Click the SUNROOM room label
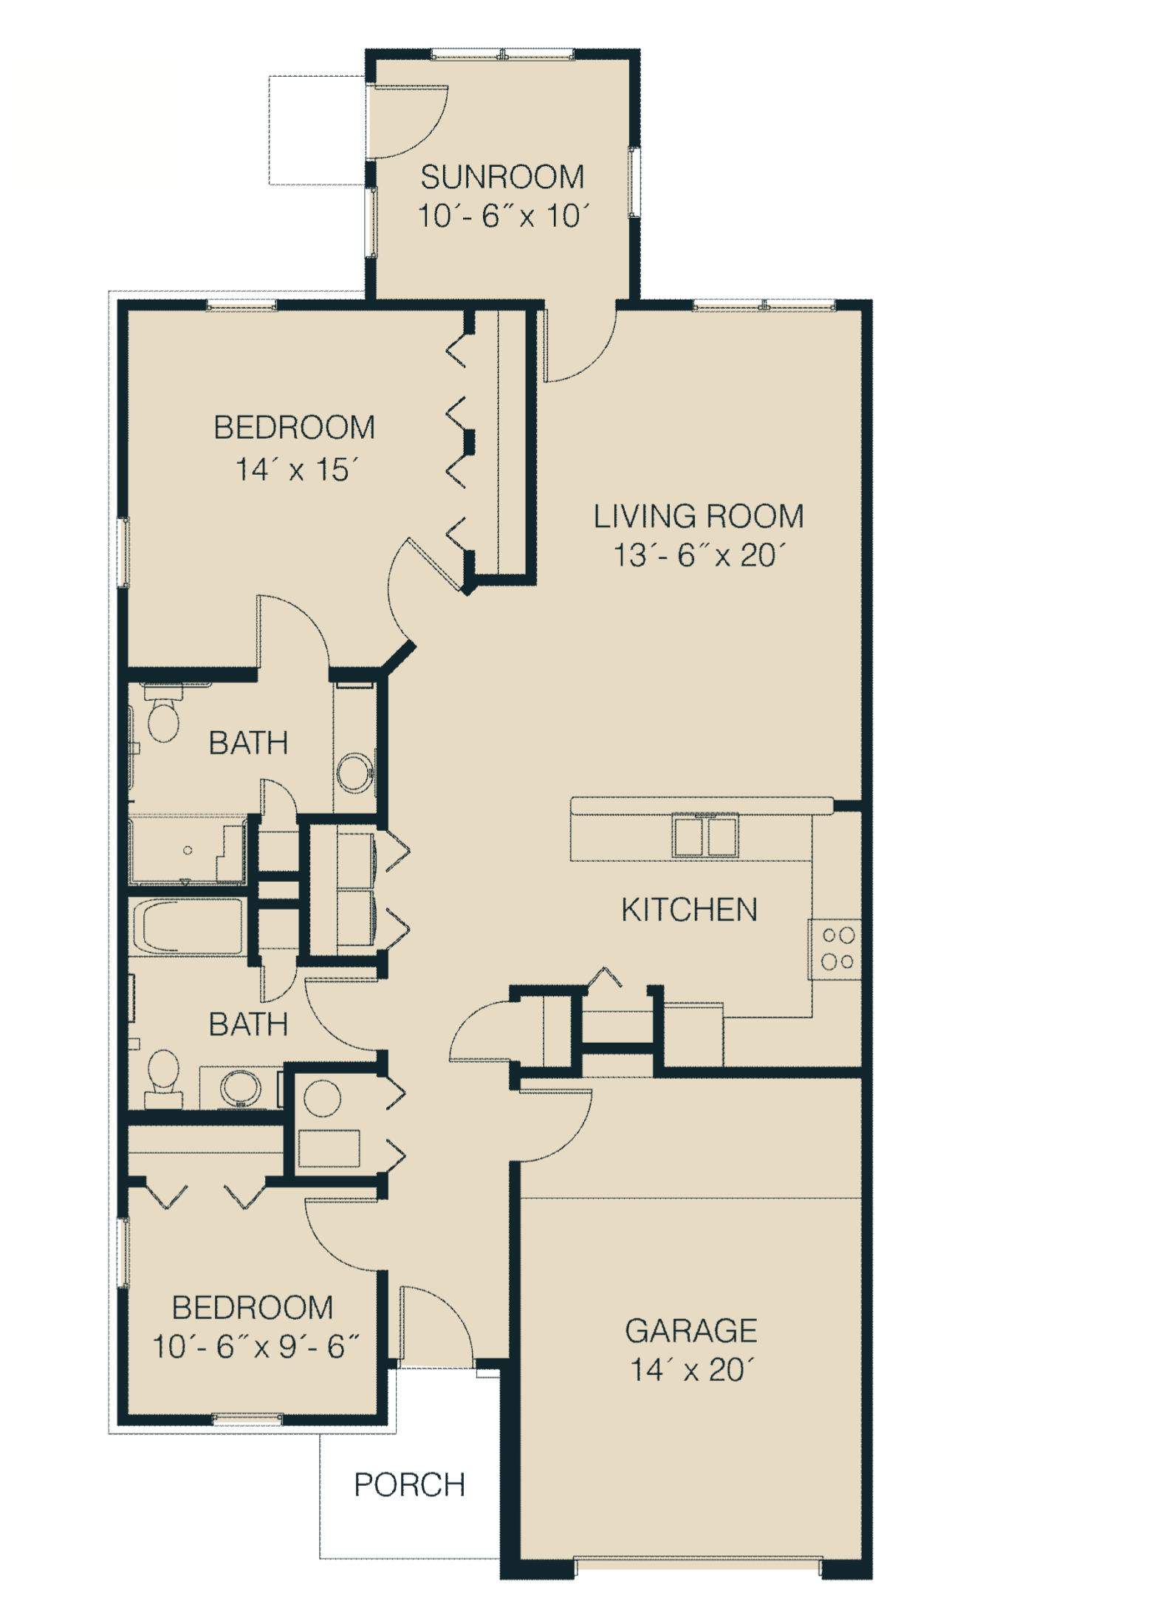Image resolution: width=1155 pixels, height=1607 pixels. pyautogui.click(x=502, y=177)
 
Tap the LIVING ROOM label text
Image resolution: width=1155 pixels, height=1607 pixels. pyautogui.click(x=699, y=516)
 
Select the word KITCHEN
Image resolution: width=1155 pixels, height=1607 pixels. pyautogui.click(x=689, y=910)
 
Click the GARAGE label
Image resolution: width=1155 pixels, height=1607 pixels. pyautogui.click(x=691, y=1331)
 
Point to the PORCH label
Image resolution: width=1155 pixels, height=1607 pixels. pyautogui.click(x=410, y=1484)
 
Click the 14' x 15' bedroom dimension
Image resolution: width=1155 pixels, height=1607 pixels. pyautogui.click(x=297, y=470)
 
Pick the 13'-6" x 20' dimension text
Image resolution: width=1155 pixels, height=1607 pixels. pyautogui.click(x=699, y=555)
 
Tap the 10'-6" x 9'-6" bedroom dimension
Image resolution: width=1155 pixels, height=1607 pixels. pyautogui.click(x=256, y=1346)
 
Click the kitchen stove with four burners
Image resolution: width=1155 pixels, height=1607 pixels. pyautogui.click(x=836, y=949)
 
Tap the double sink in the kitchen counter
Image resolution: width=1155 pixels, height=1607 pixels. pyautogui.click(x=705, y=835)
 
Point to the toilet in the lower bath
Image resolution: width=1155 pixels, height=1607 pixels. pyautogui.click(x=163, y=1078)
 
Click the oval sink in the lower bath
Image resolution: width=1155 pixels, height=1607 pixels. pyautogui.click(x=241, y=1087)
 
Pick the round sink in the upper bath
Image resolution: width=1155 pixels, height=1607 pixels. pyautogui.click(x=355, y=773)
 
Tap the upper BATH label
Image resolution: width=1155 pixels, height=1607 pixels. pyautogui.click(x=248, y=743)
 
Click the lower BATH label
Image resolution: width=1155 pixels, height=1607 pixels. pyautogui.click(x=248, y=1024)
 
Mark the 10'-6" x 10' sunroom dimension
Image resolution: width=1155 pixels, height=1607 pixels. pyautogui.click(x=504, y=216)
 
